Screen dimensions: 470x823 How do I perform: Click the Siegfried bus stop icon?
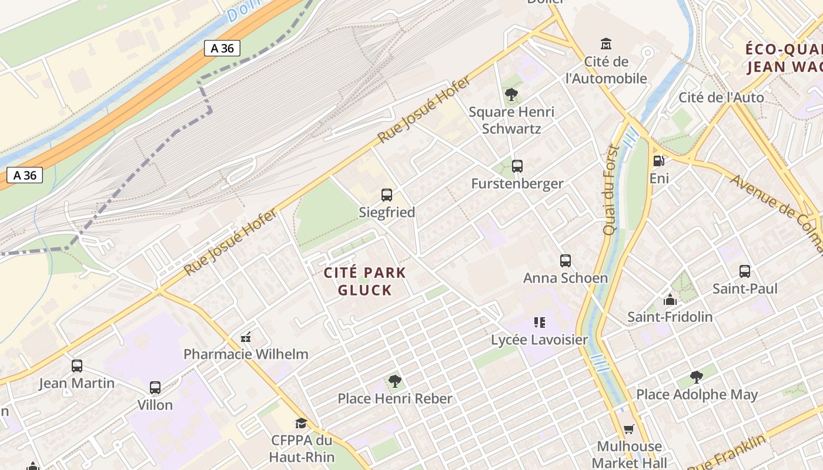tap(387, 195)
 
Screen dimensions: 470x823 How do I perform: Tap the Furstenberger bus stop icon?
tap(517, 166)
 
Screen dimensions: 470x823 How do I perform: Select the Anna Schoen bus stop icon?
tap(566, 260)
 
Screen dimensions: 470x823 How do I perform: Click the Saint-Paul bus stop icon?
tap(745, 271)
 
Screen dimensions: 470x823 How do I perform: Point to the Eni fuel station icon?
tap(659, 160)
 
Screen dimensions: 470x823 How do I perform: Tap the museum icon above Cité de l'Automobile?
tap(606, 44)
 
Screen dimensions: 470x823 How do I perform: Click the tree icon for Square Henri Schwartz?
tap(511, 94)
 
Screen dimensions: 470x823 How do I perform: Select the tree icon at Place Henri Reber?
tap(395, 381)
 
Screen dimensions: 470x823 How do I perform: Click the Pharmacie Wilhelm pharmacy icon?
tap(246, 337)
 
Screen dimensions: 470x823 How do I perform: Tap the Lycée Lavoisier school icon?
tap(539, 323)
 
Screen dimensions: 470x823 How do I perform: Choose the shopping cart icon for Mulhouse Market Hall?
tap(629, 429)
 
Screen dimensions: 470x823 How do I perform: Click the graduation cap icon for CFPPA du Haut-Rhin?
tap(301, 423)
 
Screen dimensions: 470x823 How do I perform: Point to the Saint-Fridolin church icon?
tap(670, 300)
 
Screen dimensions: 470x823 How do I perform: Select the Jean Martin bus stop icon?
tap(77, 366)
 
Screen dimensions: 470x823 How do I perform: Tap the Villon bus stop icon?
tap(155, 388)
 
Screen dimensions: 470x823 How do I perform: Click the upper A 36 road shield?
tap(222, 48)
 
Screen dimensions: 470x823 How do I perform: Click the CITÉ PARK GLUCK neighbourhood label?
tap(365, 281)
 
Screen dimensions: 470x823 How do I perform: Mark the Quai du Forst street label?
tap(612, 190)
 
